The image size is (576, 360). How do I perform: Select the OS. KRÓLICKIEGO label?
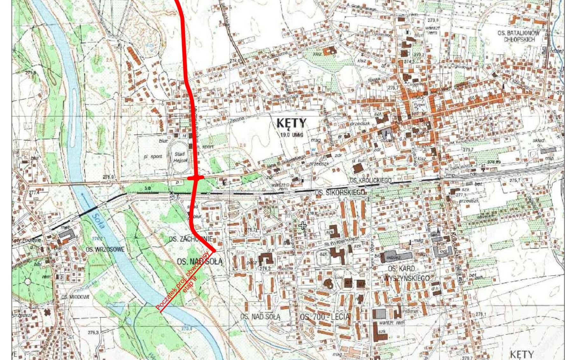(x=370, y=180)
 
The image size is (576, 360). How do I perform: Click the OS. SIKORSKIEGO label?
(x=340, y=193)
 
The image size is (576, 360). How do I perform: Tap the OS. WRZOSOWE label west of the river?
(x=105, y=249)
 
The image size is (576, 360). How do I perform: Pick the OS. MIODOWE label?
(x=75, y=297)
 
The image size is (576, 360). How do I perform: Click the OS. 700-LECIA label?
(x=325, y=317)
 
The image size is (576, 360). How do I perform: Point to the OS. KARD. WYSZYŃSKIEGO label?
(x=406, y=273)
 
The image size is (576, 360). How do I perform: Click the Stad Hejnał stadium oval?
(x=180, y=157)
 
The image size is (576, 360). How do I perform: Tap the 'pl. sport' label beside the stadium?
(x=152, y=157)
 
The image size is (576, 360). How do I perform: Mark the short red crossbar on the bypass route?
(x=195, y=178)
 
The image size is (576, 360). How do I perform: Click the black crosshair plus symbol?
(x=302, y=226)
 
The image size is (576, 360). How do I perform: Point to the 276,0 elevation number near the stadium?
(x=108, y=177)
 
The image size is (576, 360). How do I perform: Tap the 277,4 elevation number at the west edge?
(x=34, y=193)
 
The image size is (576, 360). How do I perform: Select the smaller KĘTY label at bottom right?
(x=521, y=354)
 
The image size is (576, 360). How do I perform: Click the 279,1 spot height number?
(x=481, y=314)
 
